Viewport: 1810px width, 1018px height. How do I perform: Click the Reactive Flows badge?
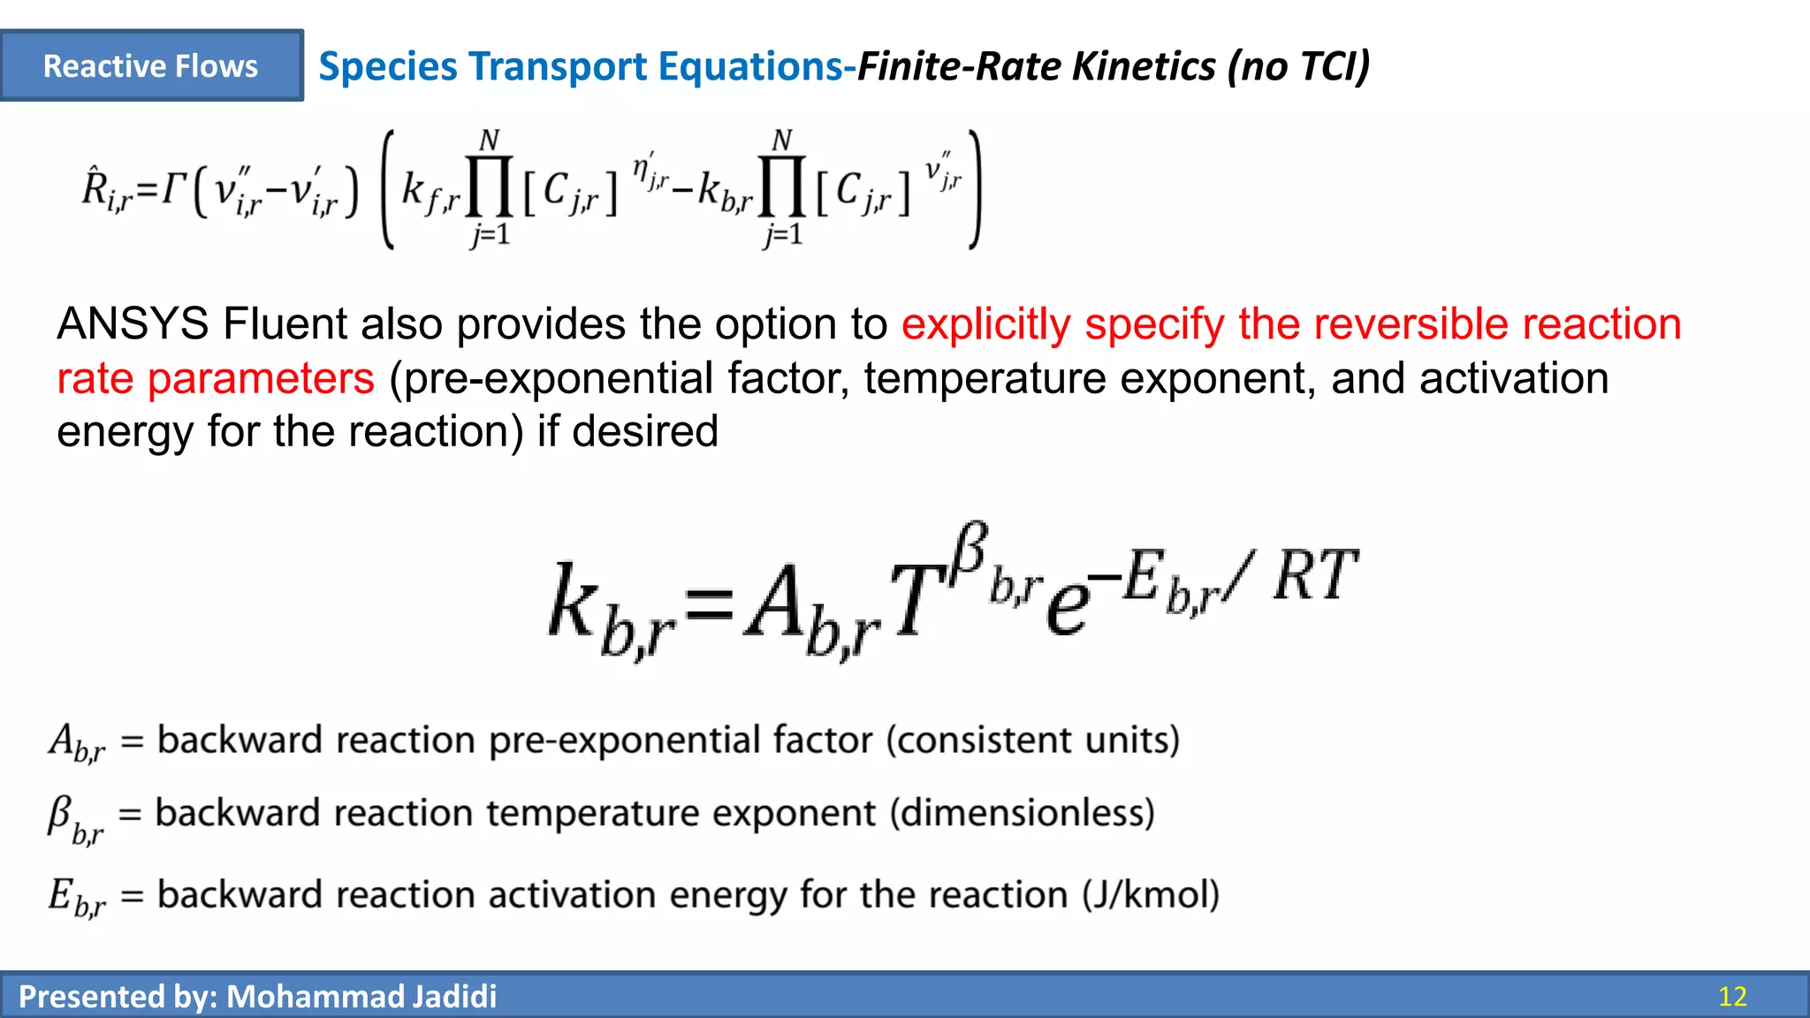(x=151, y=66)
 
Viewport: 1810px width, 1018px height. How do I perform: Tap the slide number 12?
(x=1732, y=997)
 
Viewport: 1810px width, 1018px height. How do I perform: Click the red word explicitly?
(x=985, y=324)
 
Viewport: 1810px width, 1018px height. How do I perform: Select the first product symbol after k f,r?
(x=490, y=186)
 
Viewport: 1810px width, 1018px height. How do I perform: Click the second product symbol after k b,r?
(x=782, y=186)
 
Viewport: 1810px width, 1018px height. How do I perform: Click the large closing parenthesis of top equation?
(x=974, y=189)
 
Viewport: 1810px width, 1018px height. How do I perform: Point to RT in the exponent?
(x=1314, y=576)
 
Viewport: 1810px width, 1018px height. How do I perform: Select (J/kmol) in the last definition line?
(x=1151, y=895)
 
